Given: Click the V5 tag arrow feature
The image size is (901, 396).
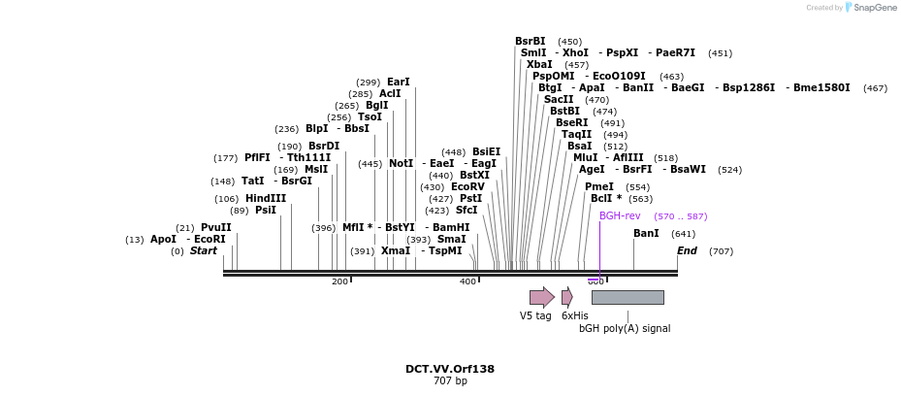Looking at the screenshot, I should (x=541, y=297).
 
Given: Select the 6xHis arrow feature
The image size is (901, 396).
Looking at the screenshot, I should (x=566, y=297).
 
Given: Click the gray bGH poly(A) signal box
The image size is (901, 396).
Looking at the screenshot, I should (x=627, y=297).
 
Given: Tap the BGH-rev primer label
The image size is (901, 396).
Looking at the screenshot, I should (x=620, y=216).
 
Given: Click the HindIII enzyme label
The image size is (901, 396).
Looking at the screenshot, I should (x=266, y=199).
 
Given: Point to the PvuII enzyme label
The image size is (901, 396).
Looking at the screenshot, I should (x=216, y=228).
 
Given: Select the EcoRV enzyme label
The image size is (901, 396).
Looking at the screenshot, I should (x=467, y=186).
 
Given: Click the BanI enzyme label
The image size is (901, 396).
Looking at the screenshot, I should (x=646, y=234).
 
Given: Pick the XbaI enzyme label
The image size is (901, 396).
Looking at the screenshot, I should (x=539, y=65).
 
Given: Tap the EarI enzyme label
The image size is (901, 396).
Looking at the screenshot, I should (x=399, y=82).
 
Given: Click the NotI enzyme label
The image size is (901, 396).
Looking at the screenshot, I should (x=401, y=164).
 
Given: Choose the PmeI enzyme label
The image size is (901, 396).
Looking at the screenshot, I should (x=599, y=186).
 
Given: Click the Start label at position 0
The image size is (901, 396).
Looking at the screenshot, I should (x=204, y=251).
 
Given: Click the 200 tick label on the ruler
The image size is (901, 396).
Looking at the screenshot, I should (x=339, y=281).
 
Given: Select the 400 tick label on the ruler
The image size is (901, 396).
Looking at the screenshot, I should (x=467, y=281).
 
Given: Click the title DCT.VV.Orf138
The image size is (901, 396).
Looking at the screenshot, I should (x=450, y=369).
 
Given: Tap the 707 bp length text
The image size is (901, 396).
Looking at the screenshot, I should (x=450, y=381).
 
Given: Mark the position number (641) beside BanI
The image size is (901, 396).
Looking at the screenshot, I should (x=683, y=234).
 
